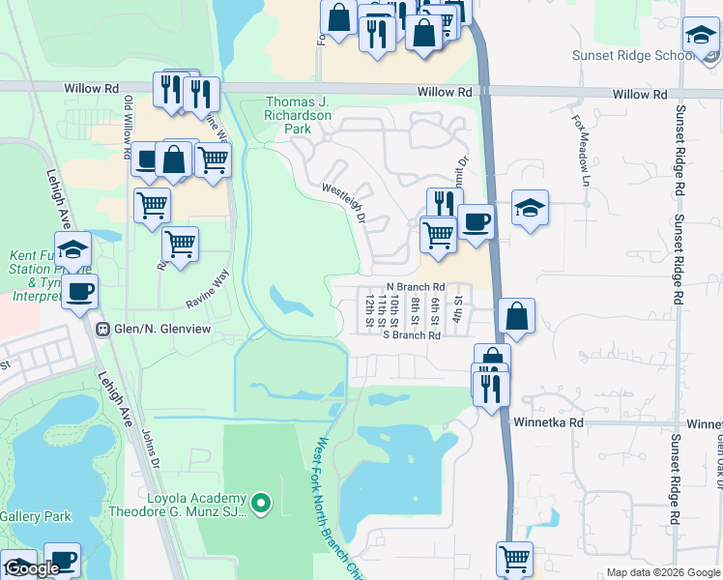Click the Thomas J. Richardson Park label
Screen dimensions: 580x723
299,115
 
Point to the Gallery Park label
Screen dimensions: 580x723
35,516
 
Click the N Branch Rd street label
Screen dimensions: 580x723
415,287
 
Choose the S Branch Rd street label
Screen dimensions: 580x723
412,335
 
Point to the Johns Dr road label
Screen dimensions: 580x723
149,449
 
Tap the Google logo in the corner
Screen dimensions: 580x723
32,568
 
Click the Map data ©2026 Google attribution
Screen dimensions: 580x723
662,572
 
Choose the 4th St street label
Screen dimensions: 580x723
458,308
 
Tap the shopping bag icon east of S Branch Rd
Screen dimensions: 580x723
517,316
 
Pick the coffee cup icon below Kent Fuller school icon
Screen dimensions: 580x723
79,291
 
